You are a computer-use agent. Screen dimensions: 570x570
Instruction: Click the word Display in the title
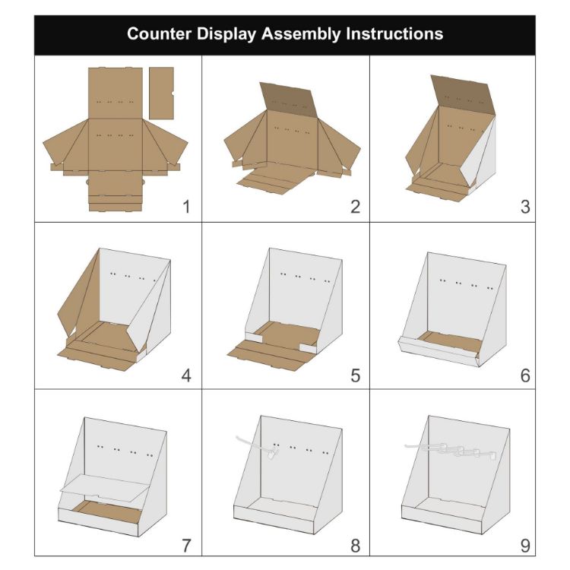(x=226, y=34)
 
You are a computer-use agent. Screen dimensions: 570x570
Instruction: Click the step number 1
(x=186, y=207)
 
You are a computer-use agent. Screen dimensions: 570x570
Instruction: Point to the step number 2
(x=355, y=207)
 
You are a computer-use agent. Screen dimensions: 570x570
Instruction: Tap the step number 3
(x=524, y=207)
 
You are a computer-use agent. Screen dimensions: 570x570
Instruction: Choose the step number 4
(x=186, y=375)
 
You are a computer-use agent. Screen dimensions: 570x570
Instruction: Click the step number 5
(x=355, y=375)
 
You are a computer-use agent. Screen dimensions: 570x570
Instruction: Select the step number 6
(x=524, y=375)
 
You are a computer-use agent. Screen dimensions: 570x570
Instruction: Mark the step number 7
(x=186, y=545)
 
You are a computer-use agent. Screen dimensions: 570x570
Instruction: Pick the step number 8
(x=355, y=545)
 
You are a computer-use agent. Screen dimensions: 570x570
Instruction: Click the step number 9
(x=524, y=545)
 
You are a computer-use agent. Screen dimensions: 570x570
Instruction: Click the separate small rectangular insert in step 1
(x=161, y=92)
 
